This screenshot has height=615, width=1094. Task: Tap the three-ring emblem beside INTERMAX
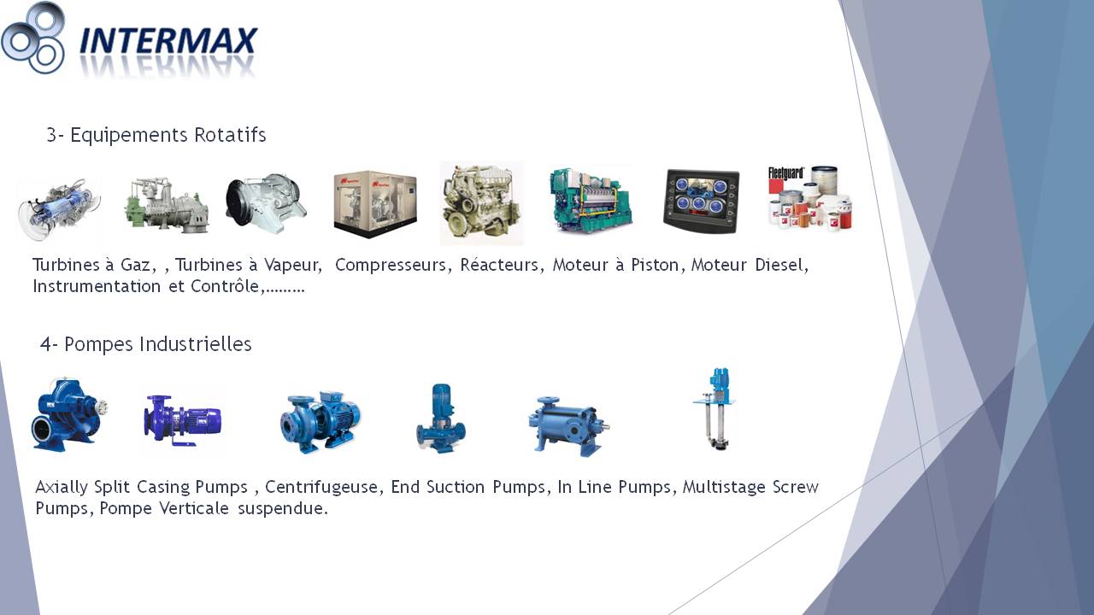tap(33, 38)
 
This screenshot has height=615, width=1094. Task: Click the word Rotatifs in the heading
tap(230, 135)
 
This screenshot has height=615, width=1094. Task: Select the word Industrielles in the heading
tap(196, 344)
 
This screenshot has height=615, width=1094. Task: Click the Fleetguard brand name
tap(785, 173)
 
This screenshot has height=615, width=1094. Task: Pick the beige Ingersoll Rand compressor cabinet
tap(375, 204)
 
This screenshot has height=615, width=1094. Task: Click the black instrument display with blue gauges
tap(702, 201)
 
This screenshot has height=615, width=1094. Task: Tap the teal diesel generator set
tap(591, 200)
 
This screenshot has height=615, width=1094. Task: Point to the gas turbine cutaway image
tap(59, 209)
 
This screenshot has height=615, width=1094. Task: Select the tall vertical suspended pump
tap(715, 409)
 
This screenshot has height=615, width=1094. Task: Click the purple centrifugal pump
tap(183, 420)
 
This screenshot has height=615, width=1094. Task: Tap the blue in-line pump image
tap(440, 419)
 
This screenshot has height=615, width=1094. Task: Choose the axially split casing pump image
tap(69, 414)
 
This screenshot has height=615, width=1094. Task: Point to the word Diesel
tap(781, 265)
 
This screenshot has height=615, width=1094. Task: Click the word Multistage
tap(724, 487)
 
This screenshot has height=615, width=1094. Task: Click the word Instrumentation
tap(97, 286)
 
